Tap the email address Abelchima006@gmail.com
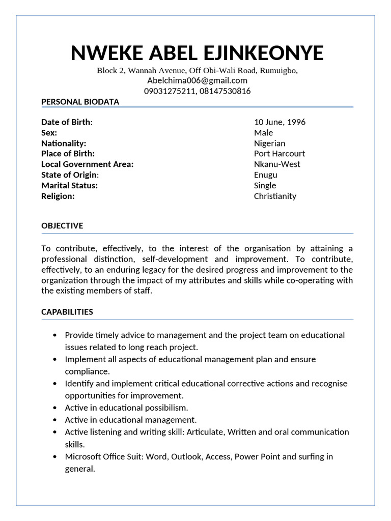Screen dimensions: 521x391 [x=197, y=80]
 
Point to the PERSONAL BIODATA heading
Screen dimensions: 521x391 [x=80, y=102]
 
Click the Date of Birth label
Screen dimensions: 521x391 [x=67, y=122]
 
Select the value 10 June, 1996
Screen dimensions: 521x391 [x=280, y=122]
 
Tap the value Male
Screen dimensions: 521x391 [x=263, y=133]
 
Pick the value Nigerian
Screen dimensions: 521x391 [x=269, y=143]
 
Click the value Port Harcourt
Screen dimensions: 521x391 [x=279, y=154]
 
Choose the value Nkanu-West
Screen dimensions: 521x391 [x=277, y=164]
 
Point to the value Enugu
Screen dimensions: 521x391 [x=265, y=175]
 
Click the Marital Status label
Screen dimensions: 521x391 [x=69, y=185]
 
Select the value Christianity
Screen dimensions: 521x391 [x=275, y=196]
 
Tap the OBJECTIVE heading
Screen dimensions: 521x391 [x=62, y=226]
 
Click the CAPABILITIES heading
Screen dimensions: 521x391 [x=67, y=312]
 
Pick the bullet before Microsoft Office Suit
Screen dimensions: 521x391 [x=55, y=456]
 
